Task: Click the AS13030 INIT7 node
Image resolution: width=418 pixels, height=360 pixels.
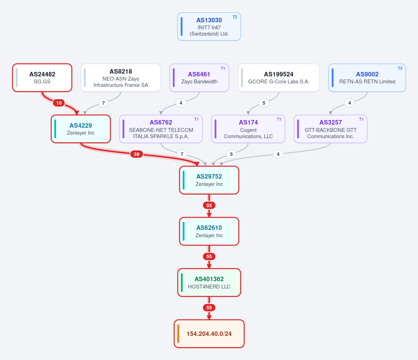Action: coord(209,27)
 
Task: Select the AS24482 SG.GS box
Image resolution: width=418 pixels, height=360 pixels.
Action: coord(42,77)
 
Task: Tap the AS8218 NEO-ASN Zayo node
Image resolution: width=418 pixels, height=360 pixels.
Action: coord(121,77)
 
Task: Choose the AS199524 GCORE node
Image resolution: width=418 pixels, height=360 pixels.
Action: coord(279,77)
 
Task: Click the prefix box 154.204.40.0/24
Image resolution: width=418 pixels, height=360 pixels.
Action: coord(209,333)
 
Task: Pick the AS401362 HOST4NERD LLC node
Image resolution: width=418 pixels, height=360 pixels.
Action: coord(209,283)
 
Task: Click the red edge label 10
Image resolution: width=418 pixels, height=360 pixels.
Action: coord(59,103)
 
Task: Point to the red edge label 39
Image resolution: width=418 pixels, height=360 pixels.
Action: coord(137,154)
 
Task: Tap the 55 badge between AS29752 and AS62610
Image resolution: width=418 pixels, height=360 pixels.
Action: coord(209,205)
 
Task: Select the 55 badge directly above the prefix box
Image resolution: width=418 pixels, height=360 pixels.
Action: coord(209,308)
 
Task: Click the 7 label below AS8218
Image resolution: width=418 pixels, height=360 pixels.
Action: coord(104,103)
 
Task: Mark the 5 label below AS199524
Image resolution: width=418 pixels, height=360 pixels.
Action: coord(264,103)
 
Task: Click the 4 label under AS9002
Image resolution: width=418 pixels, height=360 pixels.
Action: coord(349,103)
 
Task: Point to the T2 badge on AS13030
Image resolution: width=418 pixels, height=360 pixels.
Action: coord(235,17)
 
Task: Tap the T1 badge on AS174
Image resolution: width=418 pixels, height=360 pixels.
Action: coord(279,119)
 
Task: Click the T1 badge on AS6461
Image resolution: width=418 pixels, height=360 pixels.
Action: coord(223,68)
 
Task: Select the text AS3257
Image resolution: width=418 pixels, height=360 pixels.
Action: coord(330,122)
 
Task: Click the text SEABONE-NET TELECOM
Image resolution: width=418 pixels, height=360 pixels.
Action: coord(161,130)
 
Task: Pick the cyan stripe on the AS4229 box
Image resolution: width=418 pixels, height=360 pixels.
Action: coord(55,129)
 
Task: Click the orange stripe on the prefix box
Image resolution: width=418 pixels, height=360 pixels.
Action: coord(178,333)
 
